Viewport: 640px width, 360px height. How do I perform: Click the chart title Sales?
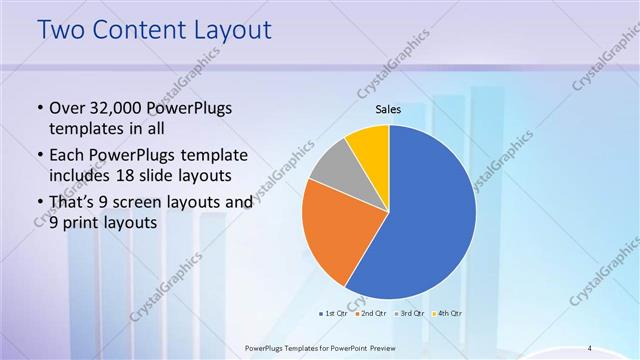tap(388, 109)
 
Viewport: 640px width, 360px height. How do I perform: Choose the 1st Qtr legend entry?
tap(334, 313)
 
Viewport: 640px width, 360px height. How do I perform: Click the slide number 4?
tap(589, 347)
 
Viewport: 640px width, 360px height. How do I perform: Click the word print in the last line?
tap(82, 223)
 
